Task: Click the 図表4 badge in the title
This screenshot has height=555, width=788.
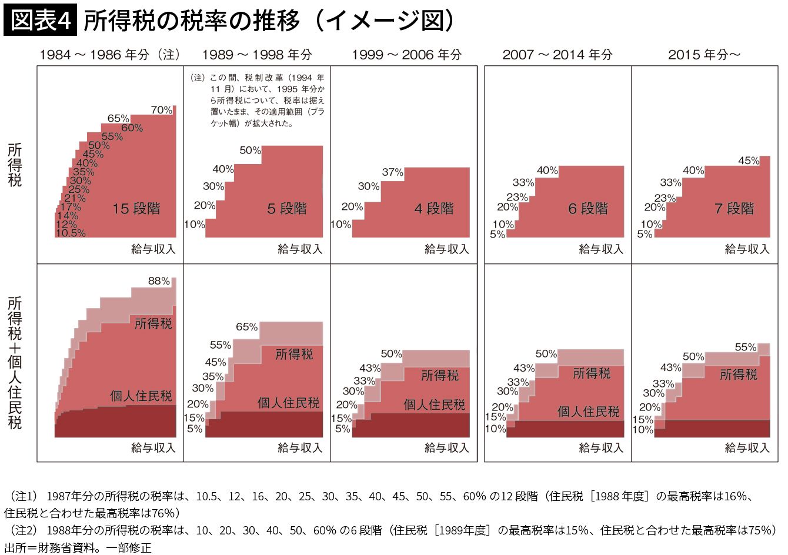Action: [40, 21]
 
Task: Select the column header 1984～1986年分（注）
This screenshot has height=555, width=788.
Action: [109, 55]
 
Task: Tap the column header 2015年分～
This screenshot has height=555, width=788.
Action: [704, 55]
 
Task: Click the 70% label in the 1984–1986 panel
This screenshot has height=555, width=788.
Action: [162, 110]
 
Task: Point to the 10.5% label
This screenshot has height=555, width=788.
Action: [71, 233]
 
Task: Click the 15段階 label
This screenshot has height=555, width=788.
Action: [136, 209]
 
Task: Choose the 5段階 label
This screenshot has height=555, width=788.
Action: [287, 209]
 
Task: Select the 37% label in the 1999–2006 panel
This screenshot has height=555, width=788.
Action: [392, 172]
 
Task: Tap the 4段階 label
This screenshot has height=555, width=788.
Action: [434, 209]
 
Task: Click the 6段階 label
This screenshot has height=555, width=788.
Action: [588, 209]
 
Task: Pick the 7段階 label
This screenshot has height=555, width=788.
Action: [734, 209]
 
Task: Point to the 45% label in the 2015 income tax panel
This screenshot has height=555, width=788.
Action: [749, 161]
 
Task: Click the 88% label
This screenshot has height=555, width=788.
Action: [159, 281]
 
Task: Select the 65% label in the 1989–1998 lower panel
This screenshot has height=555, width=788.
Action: [247, 327]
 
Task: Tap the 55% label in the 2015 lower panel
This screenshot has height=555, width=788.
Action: [746, 347]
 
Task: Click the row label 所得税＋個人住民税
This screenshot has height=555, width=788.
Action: [15, 363]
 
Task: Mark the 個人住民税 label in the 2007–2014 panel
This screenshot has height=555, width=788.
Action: [588, 412]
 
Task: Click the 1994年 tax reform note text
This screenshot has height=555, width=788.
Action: [258, 101]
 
